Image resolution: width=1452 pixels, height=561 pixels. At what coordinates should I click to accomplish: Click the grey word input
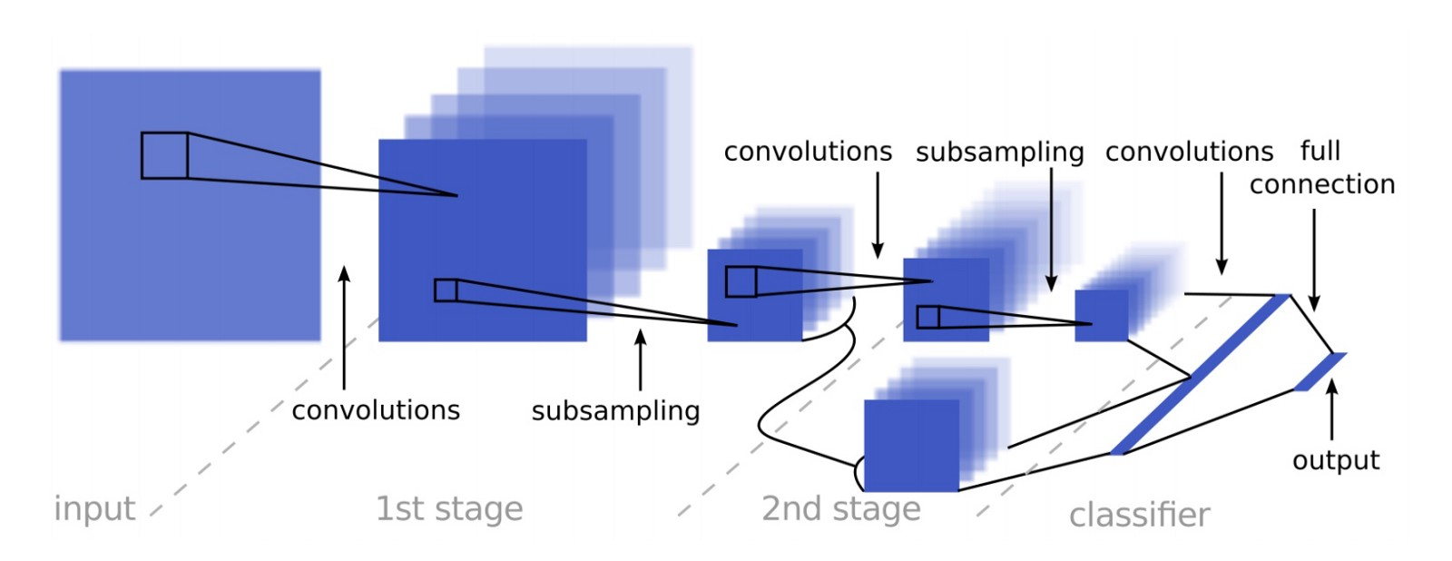(94, 509)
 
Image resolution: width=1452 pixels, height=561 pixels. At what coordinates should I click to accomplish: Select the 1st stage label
(449, 509)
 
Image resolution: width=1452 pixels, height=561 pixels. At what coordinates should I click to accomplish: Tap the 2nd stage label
(841, 509)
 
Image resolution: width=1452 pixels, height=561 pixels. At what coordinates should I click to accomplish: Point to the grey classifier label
(1140, 516)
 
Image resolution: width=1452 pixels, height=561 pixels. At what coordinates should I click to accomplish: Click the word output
(1336, 460)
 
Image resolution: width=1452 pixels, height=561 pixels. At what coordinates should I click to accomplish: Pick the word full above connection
(1320, 151)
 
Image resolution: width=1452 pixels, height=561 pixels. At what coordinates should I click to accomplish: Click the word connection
(1322, 185)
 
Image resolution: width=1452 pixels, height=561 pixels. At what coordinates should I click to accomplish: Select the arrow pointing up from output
(1332, 410)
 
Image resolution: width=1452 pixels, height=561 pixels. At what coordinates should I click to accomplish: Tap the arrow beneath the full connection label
(1314, 260)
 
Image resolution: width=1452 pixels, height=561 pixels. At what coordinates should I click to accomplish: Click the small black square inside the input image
(164, 155)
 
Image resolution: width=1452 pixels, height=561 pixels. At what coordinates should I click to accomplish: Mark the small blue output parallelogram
(1320, 371)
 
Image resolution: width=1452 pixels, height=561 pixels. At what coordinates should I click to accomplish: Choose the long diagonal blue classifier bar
(1201, 375)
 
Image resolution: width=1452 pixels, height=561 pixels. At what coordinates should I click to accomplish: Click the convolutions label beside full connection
(1190, 152)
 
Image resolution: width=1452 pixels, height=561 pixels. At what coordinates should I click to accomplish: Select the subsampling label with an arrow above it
(616, 411)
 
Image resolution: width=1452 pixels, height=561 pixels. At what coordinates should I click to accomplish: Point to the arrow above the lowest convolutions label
(344, 328)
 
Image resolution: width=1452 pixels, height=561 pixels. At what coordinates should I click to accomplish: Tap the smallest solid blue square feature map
(1102, 316)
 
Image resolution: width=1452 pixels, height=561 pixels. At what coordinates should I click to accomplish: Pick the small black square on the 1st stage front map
(446, 290)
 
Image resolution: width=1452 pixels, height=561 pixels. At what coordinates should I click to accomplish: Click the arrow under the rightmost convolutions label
(1221, 223)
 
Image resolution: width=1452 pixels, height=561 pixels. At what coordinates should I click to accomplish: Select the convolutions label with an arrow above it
(376, 410)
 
